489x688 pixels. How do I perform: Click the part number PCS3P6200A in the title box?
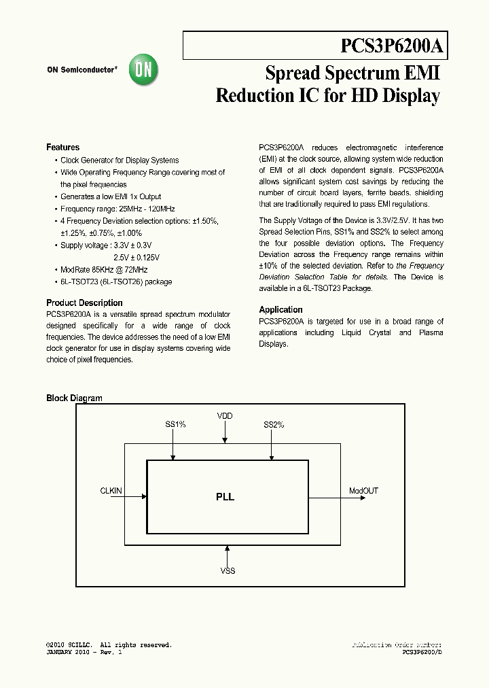point(391,46)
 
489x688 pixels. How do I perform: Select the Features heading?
point(62,148)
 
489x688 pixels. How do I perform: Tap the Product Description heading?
point(84,303)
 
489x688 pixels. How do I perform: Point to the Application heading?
point(280,310)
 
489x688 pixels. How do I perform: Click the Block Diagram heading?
point(74,398)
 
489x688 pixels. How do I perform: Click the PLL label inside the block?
point(225,497)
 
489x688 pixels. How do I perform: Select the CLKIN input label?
point(111,490)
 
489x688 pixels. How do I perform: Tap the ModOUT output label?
point(363,490)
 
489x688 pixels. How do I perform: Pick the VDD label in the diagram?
point(225,415)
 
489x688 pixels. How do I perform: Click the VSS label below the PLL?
point(228,571)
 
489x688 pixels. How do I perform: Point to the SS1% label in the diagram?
point(175,425)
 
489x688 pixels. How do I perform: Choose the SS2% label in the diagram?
point(274,425)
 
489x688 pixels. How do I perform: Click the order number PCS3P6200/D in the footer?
point(422,653)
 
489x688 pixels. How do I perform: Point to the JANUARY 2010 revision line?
point(84,653)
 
